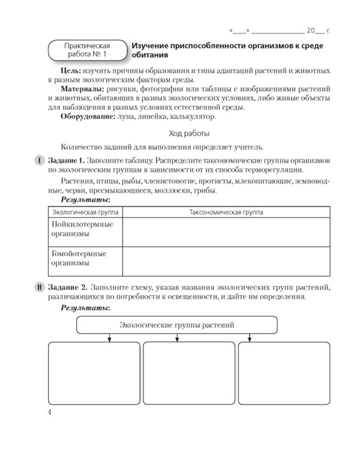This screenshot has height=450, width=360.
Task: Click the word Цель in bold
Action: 71,71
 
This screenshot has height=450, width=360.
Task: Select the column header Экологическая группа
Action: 84,212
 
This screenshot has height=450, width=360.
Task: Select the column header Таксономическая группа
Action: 226,212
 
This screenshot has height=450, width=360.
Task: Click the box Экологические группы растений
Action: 176,325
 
